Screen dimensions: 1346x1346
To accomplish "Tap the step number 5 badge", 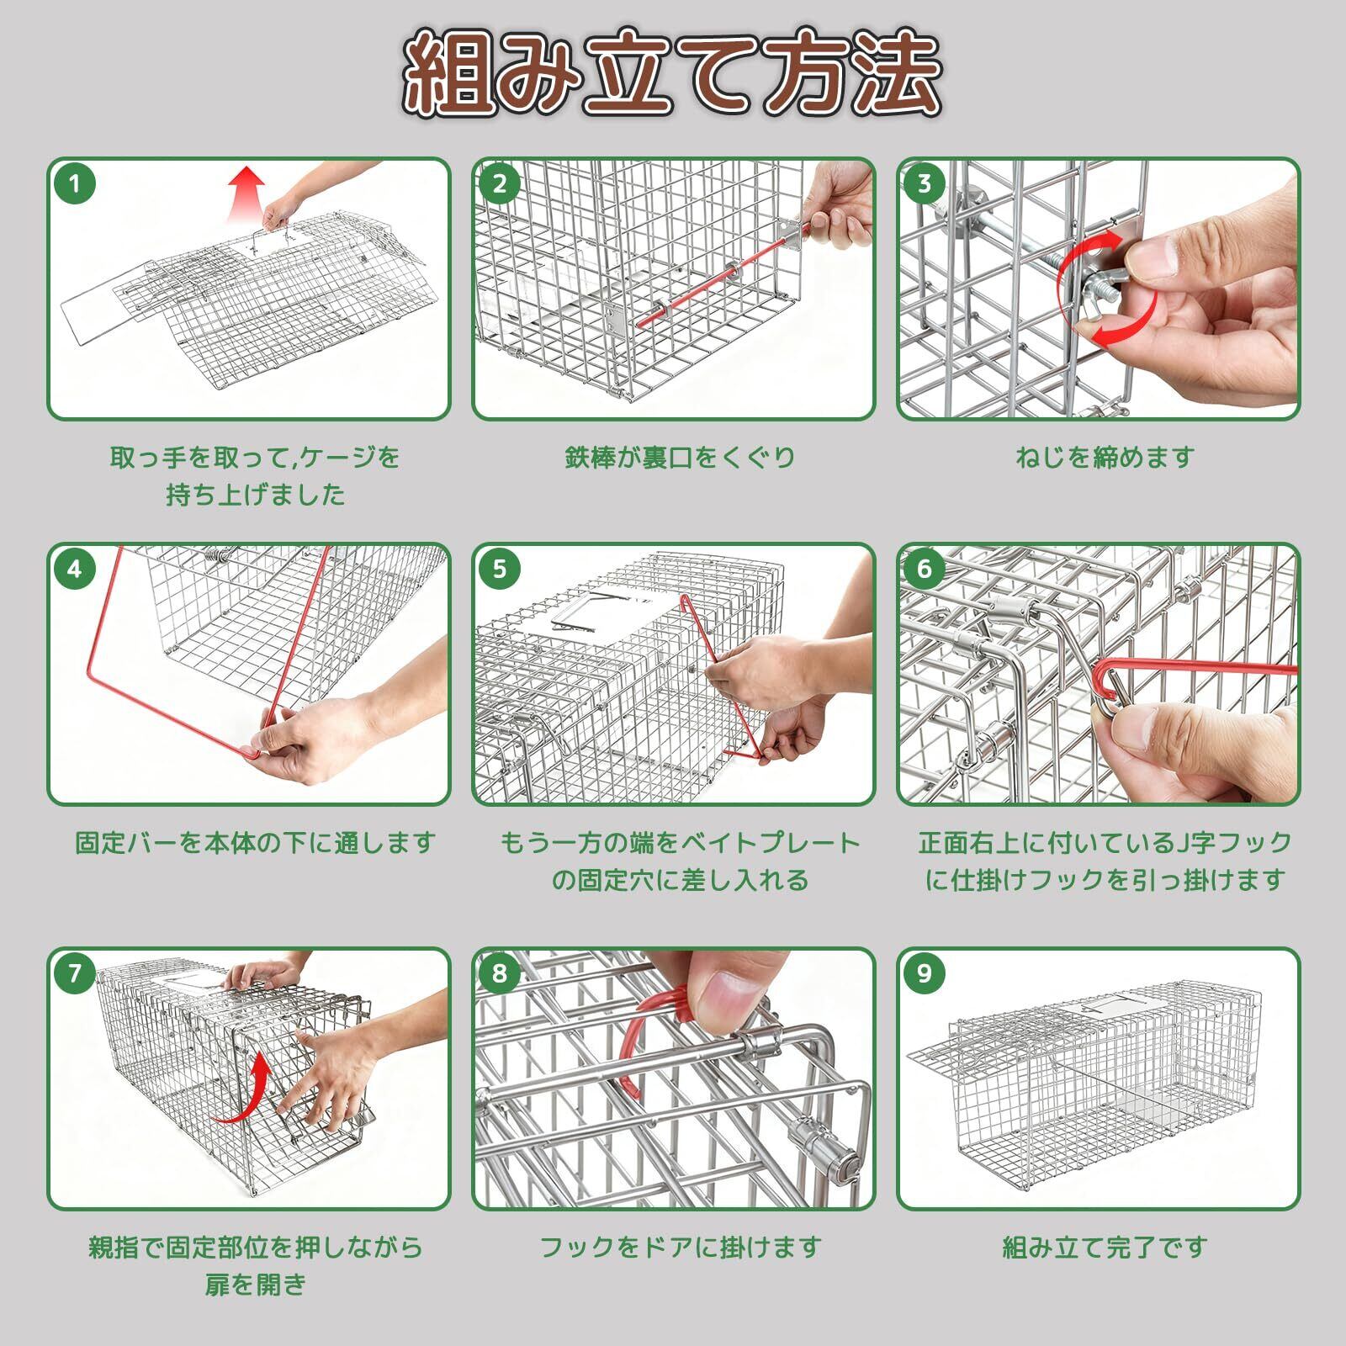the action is coord(500,569).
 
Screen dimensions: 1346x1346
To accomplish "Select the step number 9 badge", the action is coord(925,973).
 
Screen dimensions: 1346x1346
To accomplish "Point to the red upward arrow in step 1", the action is coord(246,193).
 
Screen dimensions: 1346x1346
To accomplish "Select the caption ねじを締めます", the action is coord(1105,458).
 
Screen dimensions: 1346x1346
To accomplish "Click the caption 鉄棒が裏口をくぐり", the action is coord(680,458).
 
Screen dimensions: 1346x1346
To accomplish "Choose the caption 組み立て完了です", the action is coord(1105,1248).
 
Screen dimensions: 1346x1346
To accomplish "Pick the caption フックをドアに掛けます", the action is coord(680,1248).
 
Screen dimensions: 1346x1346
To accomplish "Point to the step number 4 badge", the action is coord(75,569).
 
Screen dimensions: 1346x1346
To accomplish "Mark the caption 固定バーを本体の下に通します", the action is coord(255,843).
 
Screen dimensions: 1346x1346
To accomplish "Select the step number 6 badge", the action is coord(925,569).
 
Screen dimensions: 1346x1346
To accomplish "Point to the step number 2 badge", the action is coord(500,183).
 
